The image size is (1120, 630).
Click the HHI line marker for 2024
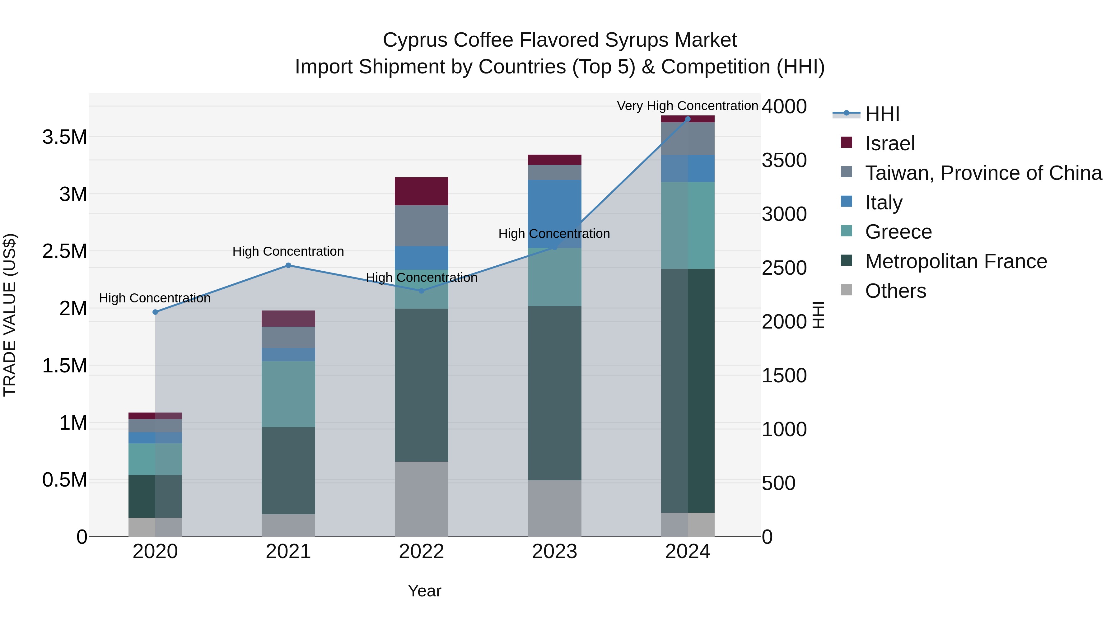point(687,119)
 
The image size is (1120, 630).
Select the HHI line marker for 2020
point(155,312)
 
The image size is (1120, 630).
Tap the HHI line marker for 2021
point(288,265)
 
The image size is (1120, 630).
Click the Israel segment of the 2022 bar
point(421,191)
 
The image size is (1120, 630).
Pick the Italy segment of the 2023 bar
point(554,213)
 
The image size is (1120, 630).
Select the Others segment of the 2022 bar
point(421,499)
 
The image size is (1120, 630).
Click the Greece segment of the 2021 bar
point(288,394)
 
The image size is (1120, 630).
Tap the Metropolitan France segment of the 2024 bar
point(687,390)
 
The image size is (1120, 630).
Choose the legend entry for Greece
point(898,232)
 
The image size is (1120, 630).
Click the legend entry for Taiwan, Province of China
point(982,173)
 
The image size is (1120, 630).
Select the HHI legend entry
point(882,114)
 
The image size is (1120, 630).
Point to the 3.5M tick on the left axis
point(64,138)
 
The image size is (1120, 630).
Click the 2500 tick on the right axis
point(784,268)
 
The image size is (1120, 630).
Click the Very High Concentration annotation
point(687,106)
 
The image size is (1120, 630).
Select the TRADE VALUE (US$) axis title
point(10,315)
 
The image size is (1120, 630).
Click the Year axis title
point(424,591)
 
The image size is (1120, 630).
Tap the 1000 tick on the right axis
point(784,430)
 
